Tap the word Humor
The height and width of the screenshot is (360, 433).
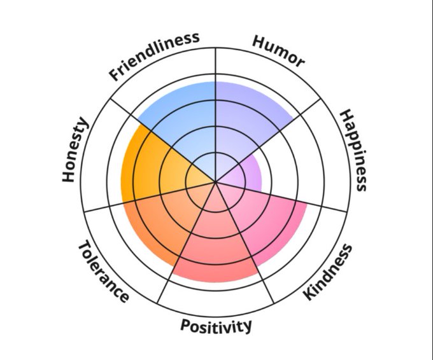pyautogui.click(x=278, y=51)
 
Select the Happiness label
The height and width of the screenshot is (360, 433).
pyautogui.click(x=353, y=150)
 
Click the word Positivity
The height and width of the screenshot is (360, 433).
pyautogui.click(x=216, y=326)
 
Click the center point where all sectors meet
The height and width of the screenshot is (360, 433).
pyautogui.click(x=216, y=183)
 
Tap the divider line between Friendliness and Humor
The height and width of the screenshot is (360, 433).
pyautogui.click(x=216, y=70)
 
